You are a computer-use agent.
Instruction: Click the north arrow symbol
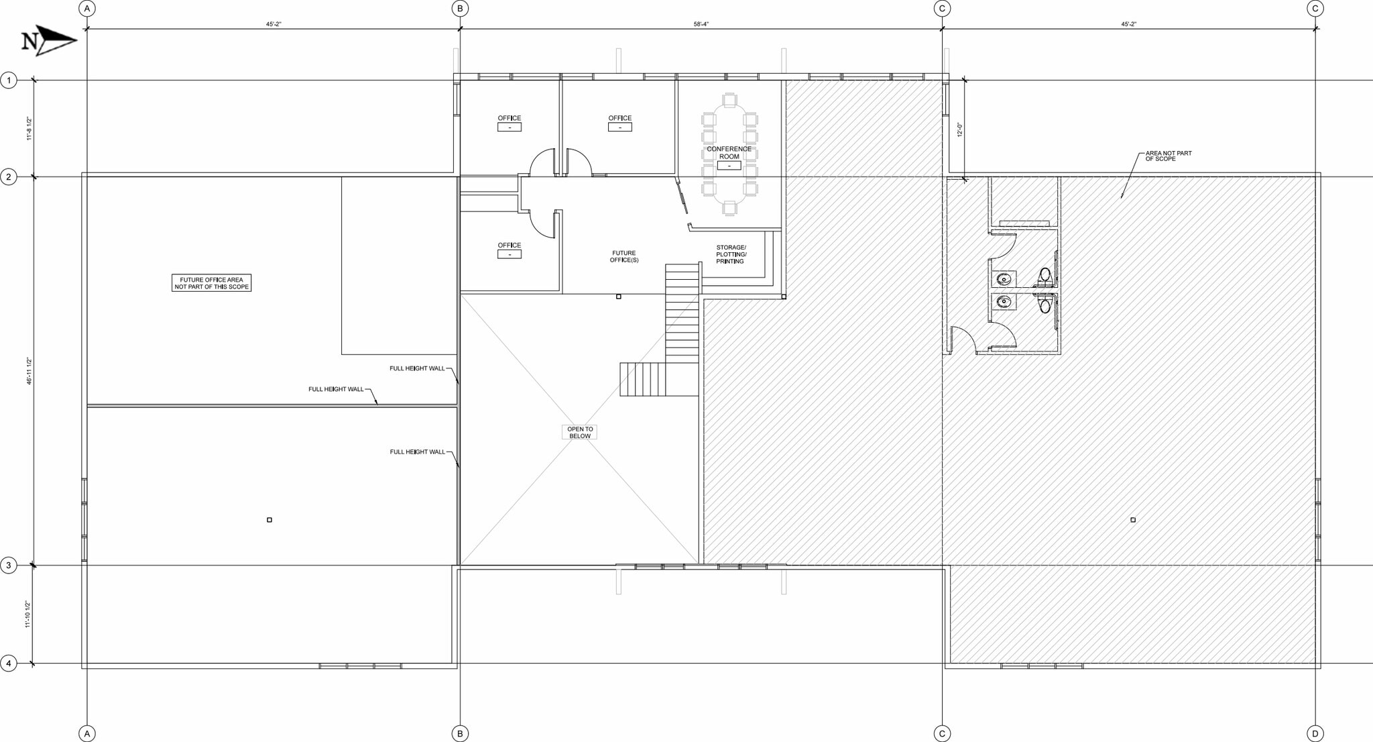tap(50, 41)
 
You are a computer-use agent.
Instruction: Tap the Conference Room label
tap(729, 153)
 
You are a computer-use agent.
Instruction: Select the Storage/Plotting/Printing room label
tap(731, 254)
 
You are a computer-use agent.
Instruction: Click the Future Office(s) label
tap(623, 256)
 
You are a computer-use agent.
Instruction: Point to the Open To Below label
tap(580, 433)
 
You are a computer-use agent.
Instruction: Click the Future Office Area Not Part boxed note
tap(211, 283)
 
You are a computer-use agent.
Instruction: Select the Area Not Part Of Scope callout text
tap(1168, 156)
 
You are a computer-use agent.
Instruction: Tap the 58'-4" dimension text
tap(701, 24)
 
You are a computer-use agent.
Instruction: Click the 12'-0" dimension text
tap(959, 129)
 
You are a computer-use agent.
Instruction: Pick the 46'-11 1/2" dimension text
tap(29, 371)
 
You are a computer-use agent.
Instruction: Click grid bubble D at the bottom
tap(1315, 734)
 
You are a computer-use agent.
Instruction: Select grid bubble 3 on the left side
tap(9, 566)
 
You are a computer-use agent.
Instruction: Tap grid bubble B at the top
tap(460, 9)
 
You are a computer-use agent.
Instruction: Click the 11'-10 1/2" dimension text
tap(28, 614)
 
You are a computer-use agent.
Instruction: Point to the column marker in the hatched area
tap(1133, 520)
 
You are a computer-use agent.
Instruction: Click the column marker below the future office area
tap(270, 520)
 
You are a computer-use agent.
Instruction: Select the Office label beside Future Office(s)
tap(509, 246)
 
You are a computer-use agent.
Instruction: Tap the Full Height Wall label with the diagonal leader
tap(336, 389)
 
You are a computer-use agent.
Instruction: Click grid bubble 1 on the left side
tap(9, 81)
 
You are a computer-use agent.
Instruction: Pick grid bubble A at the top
tap(86, 9)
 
